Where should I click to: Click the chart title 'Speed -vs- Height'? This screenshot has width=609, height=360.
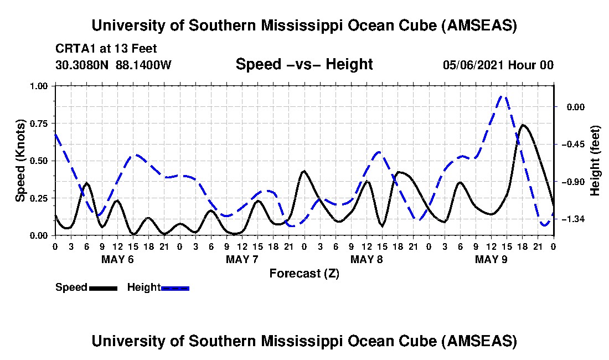point(304,65)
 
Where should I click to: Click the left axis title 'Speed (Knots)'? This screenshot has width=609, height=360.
point(20,160)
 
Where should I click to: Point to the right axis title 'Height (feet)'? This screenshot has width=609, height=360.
point(596,161)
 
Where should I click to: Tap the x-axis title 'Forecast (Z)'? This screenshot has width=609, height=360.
point(304,274)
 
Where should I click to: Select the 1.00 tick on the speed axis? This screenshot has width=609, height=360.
point(41,86)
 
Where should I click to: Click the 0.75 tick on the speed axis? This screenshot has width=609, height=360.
point(41,124)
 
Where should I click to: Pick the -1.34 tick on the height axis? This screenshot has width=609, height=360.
point(573,219)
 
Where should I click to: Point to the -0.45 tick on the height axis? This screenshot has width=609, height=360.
point(573,145)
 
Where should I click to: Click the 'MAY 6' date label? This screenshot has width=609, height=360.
point(117,259)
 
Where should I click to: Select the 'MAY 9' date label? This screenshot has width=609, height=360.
point(491,259)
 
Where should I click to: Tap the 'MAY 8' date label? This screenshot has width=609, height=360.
point(367,259)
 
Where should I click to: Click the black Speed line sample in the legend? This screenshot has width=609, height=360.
point(103,288)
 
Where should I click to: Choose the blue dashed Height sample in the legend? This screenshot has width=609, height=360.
point(175,288)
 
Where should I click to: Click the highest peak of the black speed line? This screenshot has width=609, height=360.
point(523,125)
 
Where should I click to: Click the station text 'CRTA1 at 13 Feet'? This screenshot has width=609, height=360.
point(106,49)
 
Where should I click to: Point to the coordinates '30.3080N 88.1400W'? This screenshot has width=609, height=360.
point(113,65)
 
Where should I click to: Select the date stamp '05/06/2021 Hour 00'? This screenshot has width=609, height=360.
point(498,65)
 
